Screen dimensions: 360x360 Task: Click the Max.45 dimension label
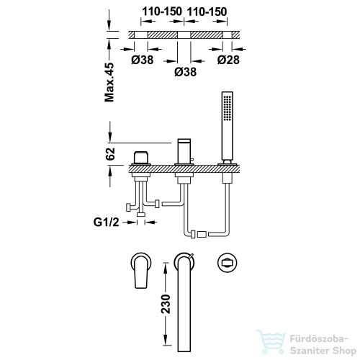tap(109, 82)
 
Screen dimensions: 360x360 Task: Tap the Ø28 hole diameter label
tap(228, 60)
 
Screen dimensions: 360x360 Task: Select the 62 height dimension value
tap(110, 154)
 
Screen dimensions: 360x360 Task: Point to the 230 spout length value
tap(166, 304)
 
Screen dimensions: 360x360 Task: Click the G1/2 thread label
tap(106, 222)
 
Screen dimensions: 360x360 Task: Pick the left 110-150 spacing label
tap(162, 12)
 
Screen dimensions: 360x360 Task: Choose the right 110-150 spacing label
tap(207, 12)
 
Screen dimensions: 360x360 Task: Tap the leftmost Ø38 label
tap(143, 60)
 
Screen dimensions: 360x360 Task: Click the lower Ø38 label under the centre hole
tap(186, 72)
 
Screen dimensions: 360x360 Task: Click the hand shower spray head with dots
tap(228, 108)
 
